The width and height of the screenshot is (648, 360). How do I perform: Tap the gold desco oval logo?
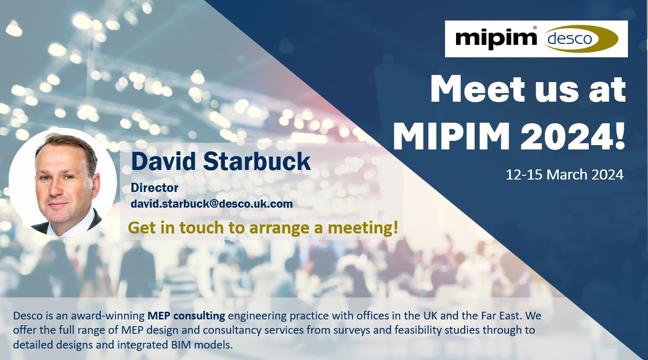coord(580,39)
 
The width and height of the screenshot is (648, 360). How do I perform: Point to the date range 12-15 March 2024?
coord(564,174)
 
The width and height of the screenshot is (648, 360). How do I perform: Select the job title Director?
coord(155,188)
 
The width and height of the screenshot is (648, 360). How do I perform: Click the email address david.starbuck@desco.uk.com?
coord(212,204)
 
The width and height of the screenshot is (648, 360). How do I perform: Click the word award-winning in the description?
coord(115,316)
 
